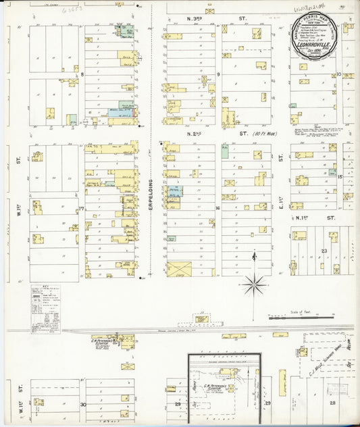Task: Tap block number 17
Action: coord(81,209)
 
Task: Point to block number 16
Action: coord(217,208)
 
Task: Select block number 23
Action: coord(324,251)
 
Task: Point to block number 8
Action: coord(82,74)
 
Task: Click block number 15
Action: coord(340,177)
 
